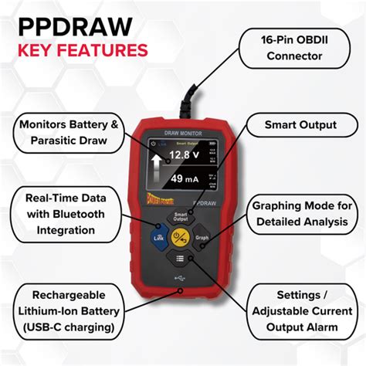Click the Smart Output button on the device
point(181,217)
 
